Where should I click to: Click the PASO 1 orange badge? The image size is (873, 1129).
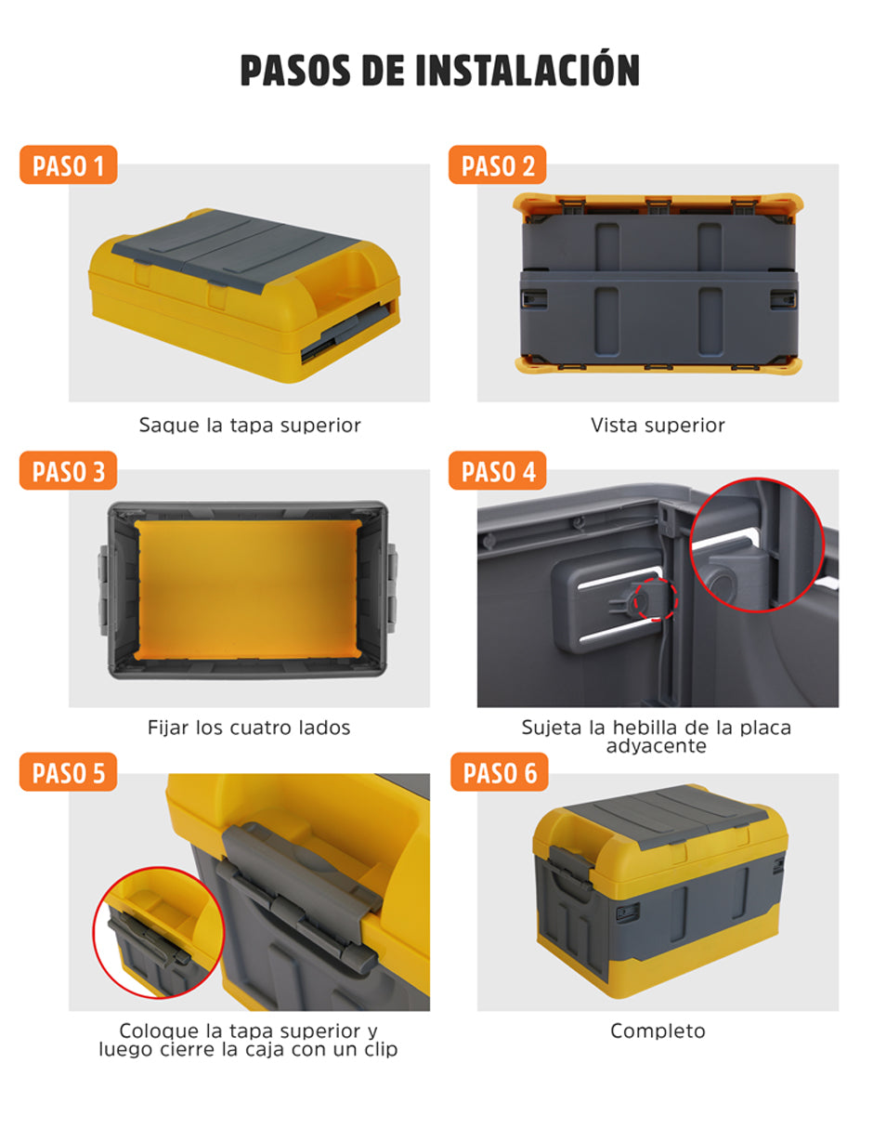tap(69, 164)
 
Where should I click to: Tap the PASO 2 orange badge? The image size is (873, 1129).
tap(497, 164)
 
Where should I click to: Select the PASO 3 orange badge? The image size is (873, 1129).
tap(69, 470)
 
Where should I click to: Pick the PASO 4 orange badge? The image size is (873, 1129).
tap(497, 470)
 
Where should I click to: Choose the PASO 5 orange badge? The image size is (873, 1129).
tap(69, 771)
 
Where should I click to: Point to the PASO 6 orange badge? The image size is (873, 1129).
tap(500, 771)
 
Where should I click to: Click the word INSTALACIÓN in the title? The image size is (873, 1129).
tap(528, 70)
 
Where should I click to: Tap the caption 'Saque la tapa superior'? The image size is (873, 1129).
tap(250, 426)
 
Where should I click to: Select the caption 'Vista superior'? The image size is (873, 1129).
tap(658, 426)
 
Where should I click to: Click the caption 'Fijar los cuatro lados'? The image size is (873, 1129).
tap(249, 728)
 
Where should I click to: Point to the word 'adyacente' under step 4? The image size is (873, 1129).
tap(657, 746)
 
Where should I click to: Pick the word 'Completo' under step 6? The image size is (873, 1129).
tap(658, 1031)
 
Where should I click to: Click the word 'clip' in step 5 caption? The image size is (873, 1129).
tap(381, 1049)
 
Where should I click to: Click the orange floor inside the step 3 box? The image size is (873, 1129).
tap(248, 589)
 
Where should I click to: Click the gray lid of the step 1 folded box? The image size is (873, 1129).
tap(236, 243)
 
